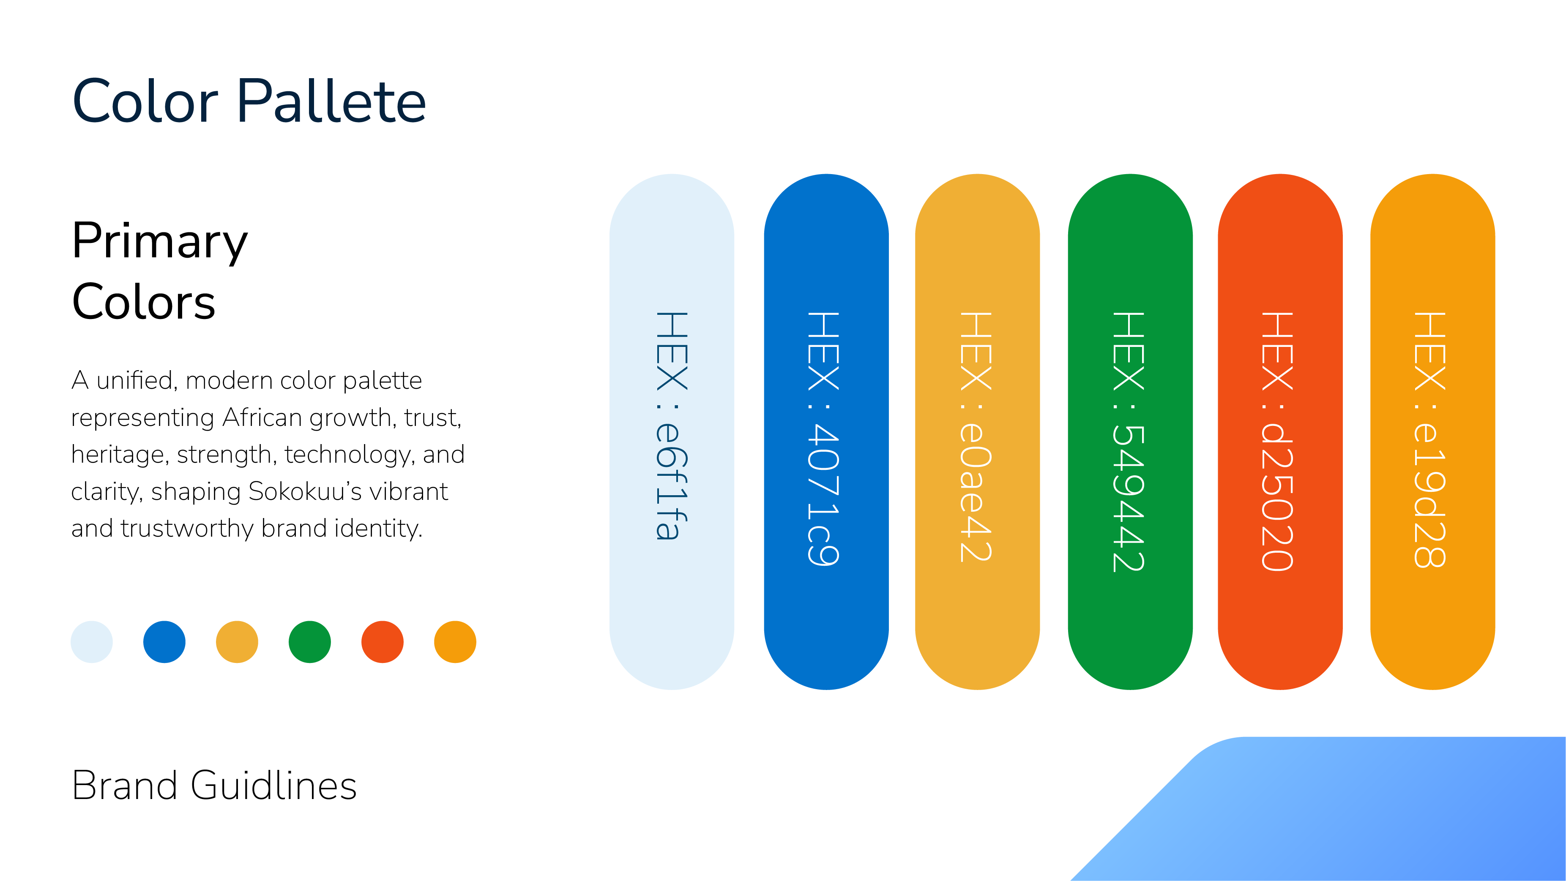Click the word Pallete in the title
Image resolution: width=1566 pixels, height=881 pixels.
click(331, 101)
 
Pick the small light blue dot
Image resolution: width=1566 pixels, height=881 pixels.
click(92, 641)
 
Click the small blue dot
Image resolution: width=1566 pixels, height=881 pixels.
click(164, 641)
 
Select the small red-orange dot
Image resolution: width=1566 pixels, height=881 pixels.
click(383, 641)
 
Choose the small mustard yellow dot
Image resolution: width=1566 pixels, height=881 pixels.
click(237, 641)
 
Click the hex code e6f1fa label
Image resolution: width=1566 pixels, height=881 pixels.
click(672, 426)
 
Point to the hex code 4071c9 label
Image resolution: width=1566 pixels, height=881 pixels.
click(824, 439)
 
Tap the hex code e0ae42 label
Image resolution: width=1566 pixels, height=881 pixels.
click(976, 437)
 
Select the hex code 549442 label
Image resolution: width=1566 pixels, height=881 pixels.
click(1128, 442)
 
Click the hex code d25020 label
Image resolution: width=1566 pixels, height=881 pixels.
click(1277, 442)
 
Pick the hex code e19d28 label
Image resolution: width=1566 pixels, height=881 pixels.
click(1430, 440)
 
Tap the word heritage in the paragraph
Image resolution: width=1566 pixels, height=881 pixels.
click(120, 455)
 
